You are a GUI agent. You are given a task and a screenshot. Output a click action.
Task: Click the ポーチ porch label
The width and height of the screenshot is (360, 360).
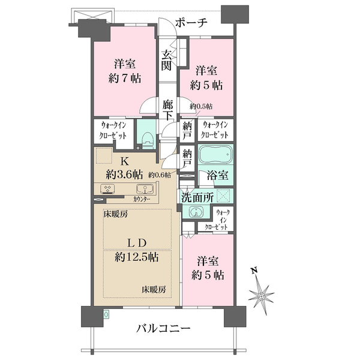[192, 23]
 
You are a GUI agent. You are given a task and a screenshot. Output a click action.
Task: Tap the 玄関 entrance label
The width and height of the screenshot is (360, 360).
[167, 60]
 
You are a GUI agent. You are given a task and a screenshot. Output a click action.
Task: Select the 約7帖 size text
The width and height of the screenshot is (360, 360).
[125, 79]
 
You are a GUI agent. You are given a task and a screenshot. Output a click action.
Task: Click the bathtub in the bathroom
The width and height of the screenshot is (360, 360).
[215, 154]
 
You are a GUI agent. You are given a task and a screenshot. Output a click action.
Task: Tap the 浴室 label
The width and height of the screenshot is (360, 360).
[217, 175]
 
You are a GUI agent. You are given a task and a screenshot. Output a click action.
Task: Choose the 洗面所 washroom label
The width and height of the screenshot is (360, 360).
[197, 197]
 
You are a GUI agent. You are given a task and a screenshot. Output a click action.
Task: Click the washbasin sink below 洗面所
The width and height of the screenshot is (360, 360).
[196, 211]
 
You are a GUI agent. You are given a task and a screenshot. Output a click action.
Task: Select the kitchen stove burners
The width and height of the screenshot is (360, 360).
[107, 189]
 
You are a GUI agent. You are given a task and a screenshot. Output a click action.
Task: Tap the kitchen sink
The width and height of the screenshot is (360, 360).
[145, 189]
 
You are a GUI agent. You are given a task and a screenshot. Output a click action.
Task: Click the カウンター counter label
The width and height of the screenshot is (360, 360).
[142, 199]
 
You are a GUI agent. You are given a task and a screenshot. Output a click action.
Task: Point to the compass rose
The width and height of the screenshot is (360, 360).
[261, 296]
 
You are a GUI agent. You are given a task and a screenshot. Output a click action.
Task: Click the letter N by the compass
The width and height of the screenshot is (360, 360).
[254, 271]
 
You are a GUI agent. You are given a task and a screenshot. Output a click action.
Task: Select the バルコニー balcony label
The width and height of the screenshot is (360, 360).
[163, 329]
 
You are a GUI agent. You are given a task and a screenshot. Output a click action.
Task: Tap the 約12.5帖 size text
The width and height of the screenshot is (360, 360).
[136, 257]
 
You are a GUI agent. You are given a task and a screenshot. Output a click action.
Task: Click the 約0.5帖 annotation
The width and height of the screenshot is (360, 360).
[201, 107]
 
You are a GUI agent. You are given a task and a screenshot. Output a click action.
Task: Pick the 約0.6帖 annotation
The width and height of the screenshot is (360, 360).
[160, 175]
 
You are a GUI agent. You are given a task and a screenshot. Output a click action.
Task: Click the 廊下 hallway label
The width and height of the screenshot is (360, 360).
[168, 110]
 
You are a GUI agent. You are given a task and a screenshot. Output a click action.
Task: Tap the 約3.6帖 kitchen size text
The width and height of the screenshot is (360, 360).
[124, 176]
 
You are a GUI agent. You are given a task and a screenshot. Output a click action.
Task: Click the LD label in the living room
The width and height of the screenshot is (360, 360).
[137, 243]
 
